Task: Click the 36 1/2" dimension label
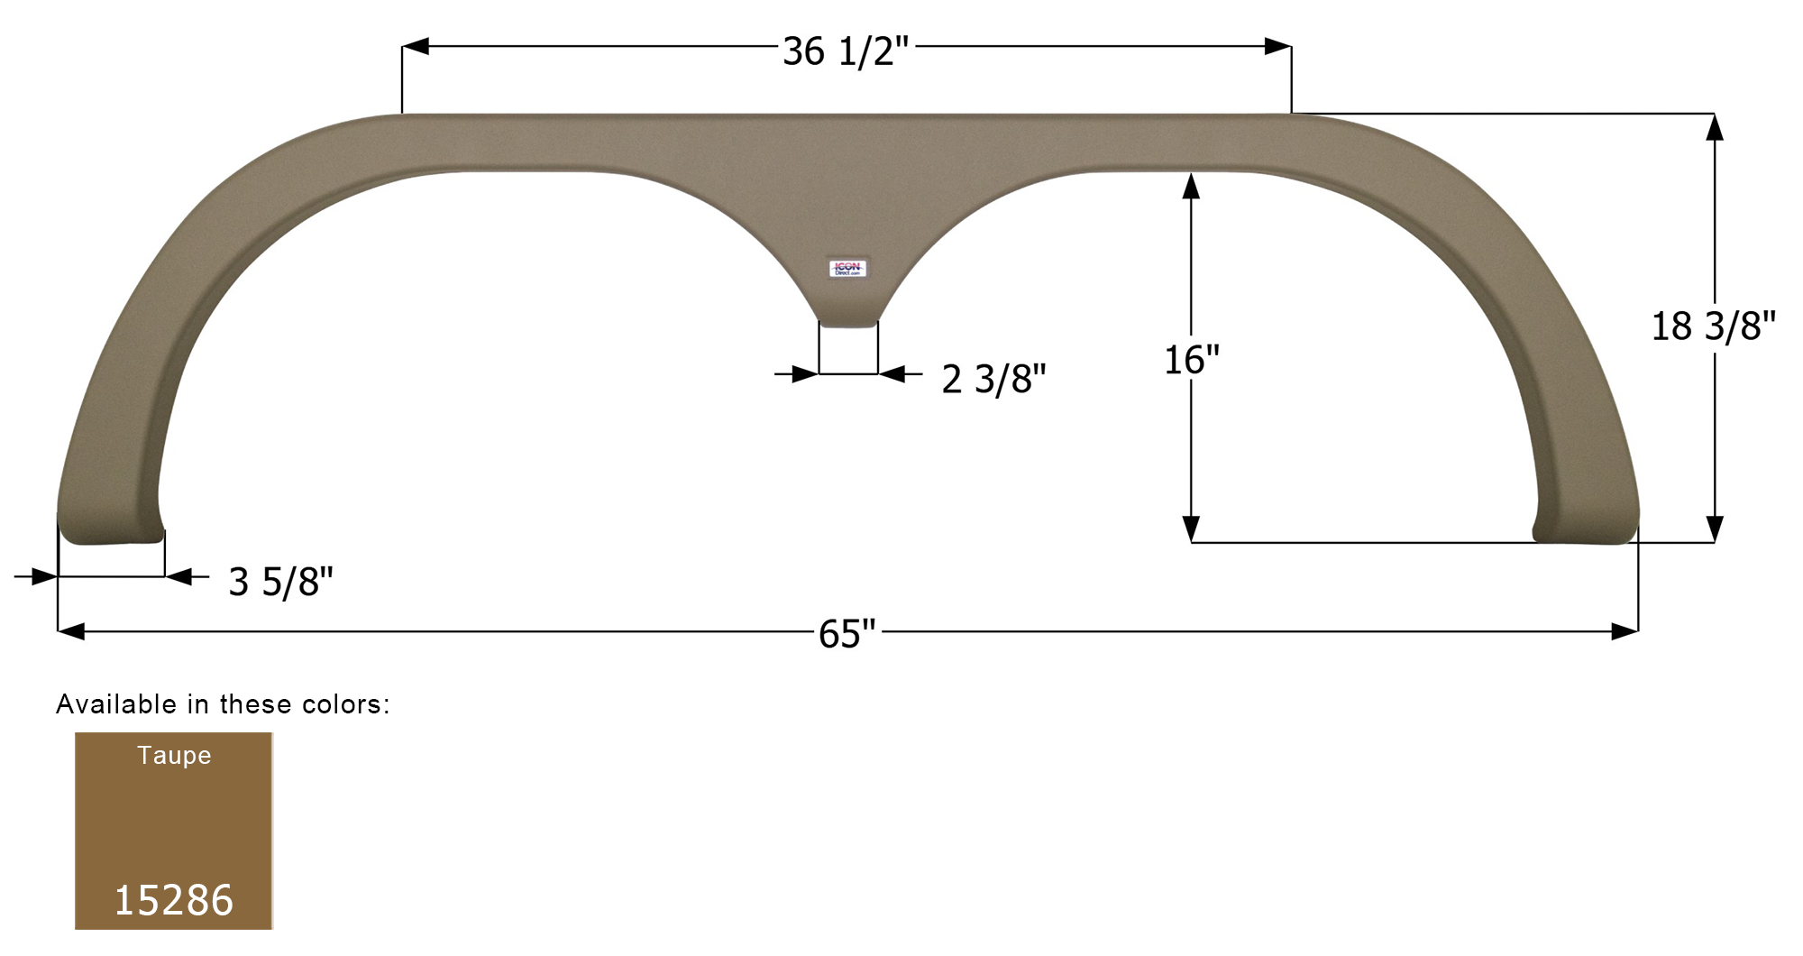coord(846,51)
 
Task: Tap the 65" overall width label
coord(847,634)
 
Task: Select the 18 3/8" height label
coord(1713,326)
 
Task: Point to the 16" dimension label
coord(1191,360)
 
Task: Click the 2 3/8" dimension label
coord(993,379)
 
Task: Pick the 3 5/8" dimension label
coord(280,582)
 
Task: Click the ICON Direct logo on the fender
coord(847,268)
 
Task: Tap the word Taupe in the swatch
coord(174,755)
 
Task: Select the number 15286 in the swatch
coord(174,899)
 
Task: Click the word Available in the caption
coord(116,704)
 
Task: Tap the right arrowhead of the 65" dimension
coord(1625,631)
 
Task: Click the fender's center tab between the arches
coord(847,311)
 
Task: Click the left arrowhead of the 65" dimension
coord(70,631)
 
